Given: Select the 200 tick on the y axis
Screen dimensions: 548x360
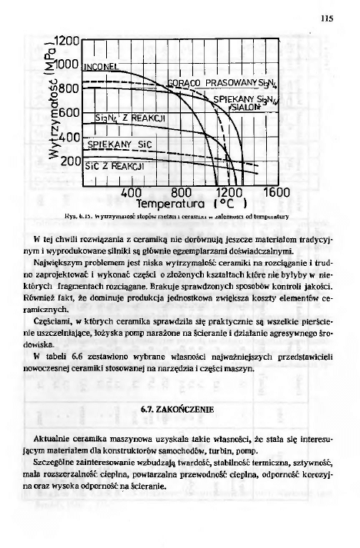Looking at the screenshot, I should click(x=68, y=162).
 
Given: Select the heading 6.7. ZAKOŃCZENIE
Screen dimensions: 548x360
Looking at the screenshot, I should click(x=178, y=404).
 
